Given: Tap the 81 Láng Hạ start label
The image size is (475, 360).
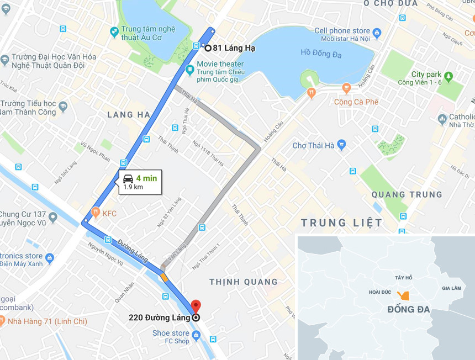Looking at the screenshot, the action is [234, 48].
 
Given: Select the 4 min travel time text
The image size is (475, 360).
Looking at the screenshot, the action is [146, 178].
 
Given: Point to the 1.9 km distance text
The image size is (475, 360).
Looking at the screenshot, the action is [133, 187].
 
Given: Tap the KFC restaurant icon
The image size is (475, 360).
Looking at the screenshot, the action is [96, 211].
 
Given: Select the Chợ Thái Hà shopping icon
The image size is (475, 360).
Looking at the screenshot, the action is [341, 145].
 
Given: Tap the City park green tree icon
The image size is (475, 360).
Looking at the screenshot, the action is [448, 75].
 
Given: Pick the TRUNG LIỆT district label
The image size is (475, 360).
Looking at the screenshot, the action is [341, 223].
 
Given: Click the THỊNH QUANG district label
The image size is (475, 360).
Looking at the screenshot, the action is [243, 282].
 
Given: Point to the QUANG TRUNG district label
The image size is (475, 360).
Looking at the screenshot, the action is [407, 194].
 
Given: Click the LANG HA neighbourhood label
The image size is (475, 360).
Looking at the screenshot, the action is [128, 115].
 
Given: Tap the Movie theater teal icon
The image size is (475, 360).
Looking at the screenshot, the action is [190, 70].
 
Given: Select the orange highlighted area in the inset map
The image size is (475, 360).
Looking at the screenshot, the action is [404, 296].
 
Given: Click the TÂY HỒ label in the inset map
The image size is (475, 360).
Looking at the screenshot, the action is [404, 277].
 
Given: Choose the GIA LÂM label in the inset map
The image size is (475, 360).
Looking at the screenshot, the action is [451, 288].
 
